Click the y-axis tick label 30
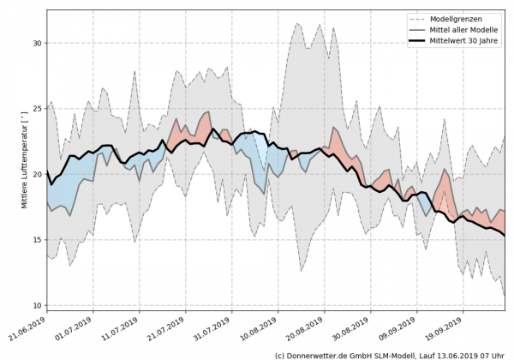(36, 43)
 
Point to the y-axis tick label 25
(36, 109)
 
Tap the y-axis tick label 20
(36, 174)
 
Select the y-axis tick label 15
(36, 240)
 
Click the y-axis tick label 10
(36, 305)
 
